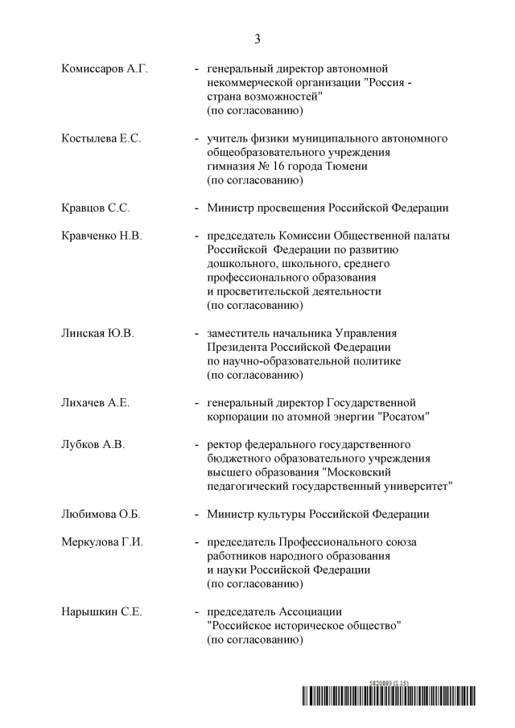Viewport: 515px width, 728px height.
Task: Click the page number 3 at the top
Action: coord(257,39)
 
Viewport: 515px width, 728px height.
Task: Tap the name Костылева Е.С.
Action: coord(101,138)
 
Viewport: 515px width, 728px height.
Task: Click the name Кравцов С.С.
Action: coord(95,208)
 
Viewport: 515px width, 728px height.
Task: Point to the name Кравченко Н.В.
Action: coord(101,236)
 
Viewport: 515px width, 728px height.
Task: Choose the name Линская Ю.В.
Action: coord(97,333)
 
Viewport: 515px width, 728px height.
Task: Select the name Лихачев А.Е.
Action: coord(95,402)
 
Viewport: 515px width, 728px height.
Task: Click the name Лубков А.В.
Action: coord(93,444)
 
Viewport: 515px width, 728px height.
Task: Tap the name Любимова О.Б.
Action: coord(101,514)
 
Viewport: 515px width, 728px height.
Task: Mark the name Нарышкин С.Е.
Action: coord(101,612)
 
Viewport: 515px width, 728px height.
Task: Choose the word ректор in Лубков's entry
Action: coord(225,444)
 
